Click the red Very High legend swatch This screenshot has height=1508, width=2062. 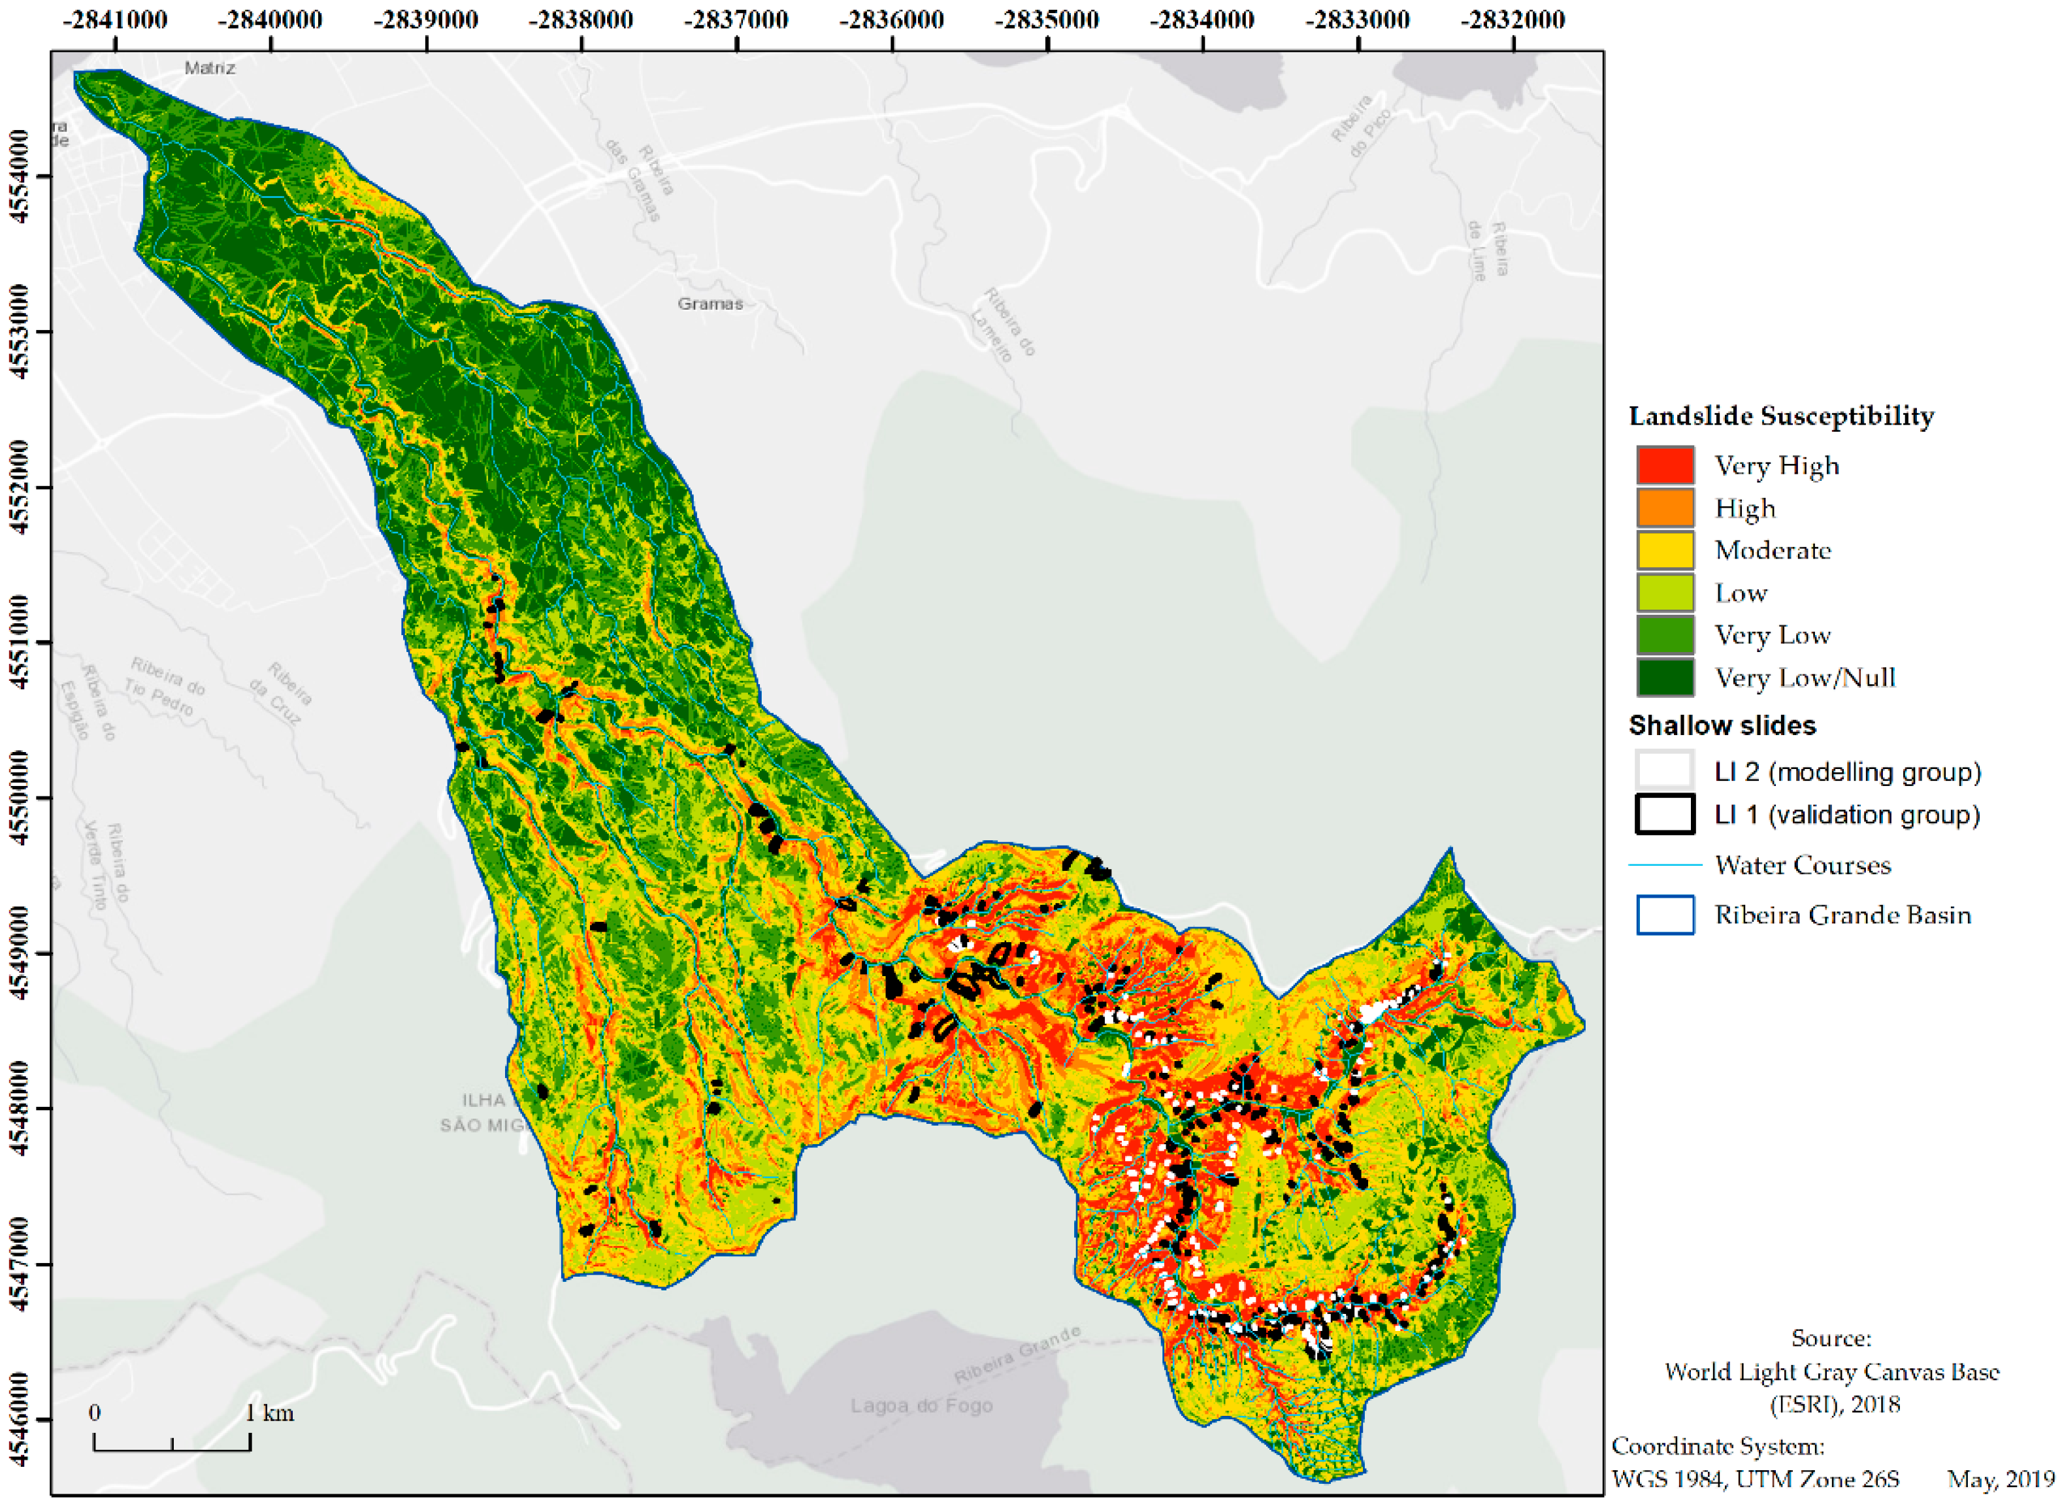click(1664, 466)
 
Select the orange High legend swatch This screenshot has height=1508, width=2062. click(1664, 508)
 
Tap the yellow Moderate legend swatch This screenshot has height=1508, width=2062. click(1664, 550)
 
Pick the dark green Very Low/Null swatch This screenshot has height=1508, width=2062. click(1664, 678)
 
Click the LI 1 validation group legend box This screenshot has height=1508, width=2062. click(1664, 814)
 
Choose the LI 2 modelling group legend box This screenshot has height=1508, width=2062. click(1664, 772)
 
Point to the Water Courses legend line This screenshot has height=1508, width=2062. click(1664, 864)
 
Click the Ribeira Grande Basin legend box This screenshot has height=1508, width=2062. click(1664, 915)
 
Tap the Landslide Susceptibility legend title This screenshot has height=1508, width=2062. click(1780, 416)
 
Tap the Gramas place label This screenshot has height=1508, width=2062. click(710, 304)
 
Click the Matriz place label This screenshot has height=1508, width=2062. click(210, 67)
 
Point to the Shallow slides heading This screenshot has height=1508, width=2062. click(1722, 726)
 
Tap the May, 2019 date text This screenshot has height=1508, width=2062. click(1999, 1479)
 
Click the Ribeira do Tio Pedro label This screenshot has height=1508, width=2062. click(164, 687)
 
